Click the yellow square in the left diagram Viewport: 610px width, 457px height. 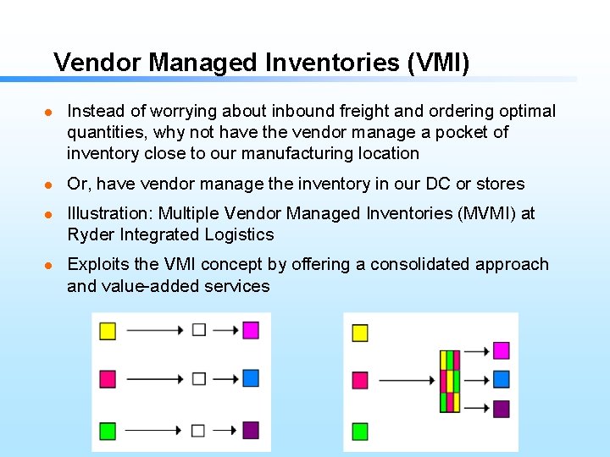point(108,330)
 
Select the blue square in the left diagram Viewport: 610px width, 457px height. point(250,378)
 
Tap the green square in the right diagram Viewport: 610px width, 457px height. point(360,431)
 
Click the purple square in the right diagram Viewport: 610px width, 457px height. point(501,409)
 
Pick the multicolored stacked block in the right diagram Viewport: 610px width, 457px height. point(449,381)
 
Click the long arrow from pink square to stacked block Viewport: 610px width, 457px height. point(407,381)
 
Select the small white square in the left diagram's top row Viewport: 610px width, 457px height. point(199,330)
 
